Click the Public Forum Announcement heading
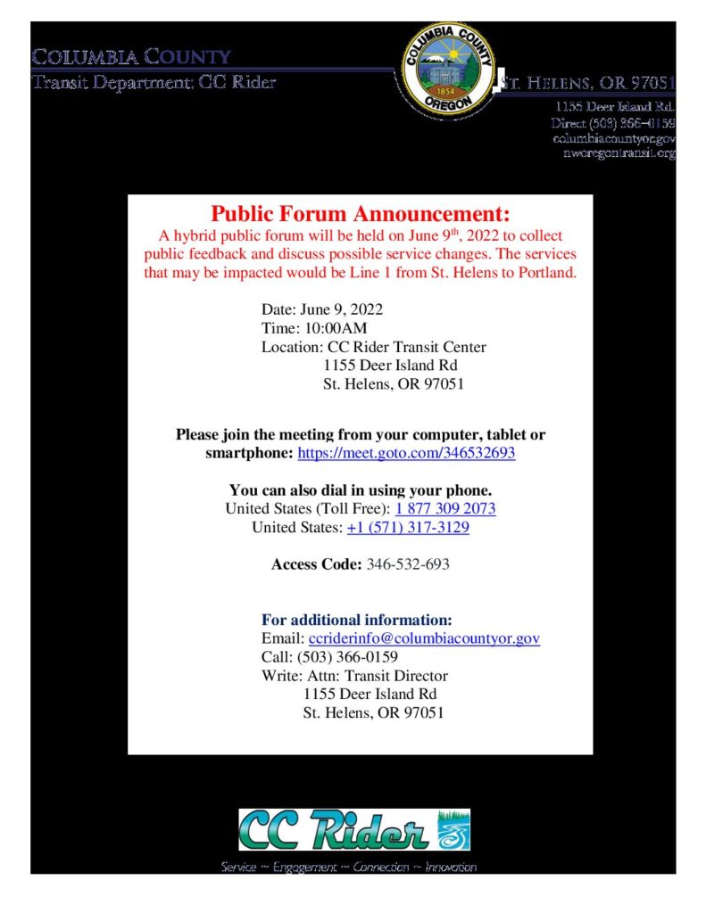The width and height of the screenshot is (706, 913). (x=361, y=215)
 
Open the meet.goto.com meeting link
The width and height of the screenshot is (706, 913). (x=406, y=453)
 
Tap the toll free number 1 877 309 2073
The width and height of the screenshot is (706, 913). (x=445, y=508)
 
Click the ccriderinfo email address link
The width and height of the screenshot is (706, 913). (x=424, y=638)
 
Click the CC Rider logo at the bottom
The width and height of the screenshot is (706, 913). (x=353, y=829)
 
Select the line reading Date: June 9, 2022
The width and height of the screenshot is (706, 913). (x=321, y=309)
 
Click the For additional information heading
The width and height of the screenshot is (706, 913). (x=357, y=620)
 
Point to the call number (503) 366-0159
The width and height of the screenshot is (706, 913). (x=347, y=657)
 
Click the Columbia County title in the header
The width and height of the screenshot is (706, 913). (x=132, y=58)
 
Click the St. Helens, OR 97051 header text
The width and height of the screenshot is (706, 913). (x=588, y=84)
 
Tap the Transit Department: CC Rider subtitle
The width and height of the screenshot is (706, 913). (x=154, y=83)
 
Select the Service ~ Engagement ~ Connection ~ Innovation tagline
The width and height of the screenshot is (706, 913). (x=349, y=868)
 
